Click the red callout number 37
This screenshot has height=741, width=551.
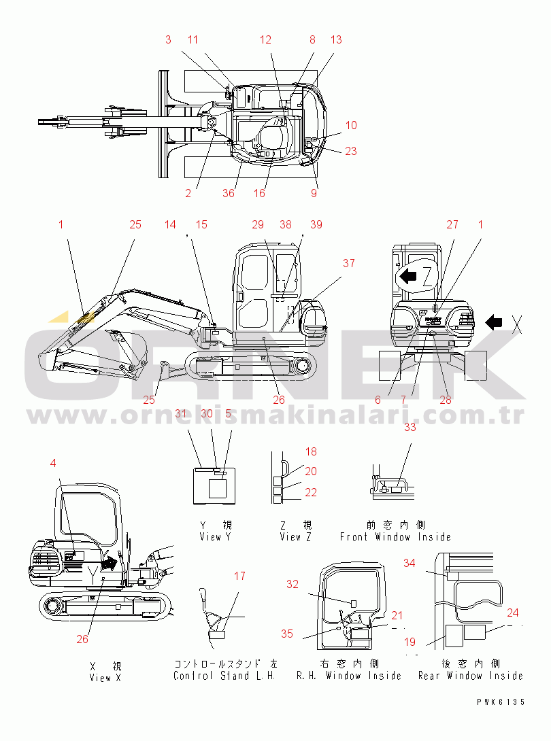[348, 263]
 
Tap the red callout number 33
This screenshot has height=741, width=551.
[410, 427]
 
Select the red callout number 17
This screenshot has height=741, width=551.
[240, 576]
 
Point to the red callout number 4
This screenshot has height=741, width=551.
[53, 463]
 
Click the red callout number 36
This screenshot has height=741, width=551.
[229, 193]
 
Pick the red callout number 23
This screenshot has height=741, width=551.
[350, 151]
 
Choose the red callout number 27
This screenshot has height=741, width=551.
[452, 225]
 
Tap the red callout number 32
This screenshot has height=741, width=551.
[293, 585]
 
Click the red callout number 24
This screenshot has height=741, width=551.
[513, 613]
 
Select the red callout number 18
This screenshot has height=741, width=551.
[311, 452]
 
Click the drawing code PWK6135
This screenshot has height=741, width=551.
[501, 702]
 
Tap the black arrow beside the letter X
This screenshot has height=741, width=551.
[494, 323]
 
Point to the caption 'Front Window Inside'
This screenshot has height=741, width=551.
[395, 537]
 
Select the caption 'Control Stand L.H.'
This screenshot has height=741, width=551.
[224, 676]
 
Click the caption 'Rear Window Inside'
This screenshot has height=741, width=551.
[471, 676]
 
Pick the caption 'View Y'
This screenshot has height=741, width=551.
[215, 537]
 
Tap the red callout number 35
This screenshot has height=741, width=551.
[287, 634]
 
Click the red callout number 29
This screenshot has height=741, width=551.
[258, 225]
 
